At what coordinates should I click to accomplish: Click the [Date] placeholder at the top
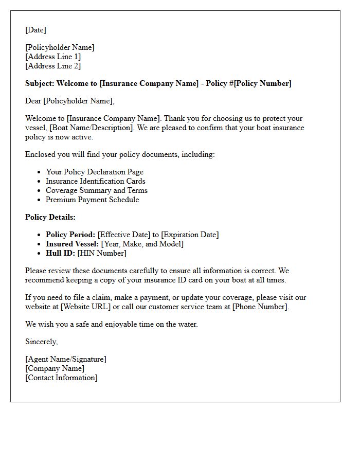click(x=35, y=30)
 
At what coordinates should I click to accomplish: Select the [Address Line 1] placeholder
click(x=53, y=57)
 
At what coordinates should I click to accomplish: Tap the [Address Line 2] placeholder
click(x=53, y=66)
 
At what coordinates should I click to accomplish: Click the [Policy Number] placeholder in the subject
click(x=263, y=83)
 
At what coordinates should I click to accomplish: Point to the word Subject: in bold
click(x=40, y=83)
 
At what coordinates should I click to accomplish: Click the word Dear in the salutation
click(x=33, y=101)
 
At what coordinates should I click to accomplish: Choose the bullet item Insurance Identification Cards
click(x=96, y=181)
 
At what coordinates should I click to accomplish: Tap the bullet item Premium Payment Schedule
click(x=93, y=200)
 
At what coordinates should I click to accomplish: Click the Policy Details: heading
click(x=50, y=217)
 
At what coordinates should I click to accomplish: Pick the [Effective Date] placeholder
click(x=124, y=235)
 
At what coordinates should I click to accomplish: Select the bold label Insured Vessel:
click(x=73, y=244)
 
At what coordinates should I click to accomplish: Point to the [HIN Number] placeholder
click(x=102, y=253)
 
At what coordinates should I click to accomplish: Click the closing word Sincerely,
click(x=42, y=342)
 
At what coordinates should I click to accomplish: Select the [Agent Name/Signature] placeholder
click(x=66, y=359)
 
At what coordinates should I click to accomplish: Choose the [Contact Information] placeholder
click(x=61, y=378)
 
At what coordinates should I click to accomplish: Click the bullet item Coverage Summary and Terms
click(x=97, y=190)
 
